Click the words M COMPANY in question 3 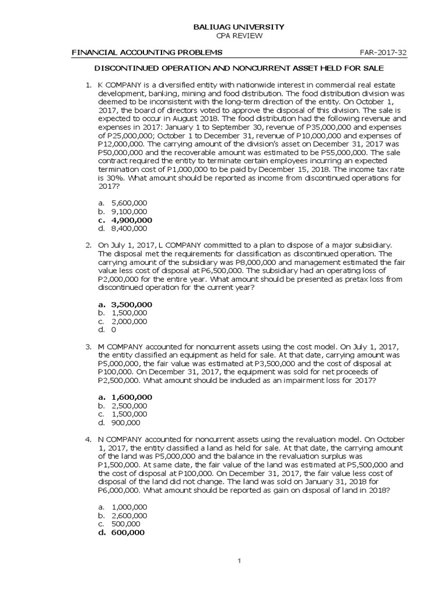(x=123, y=346)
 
